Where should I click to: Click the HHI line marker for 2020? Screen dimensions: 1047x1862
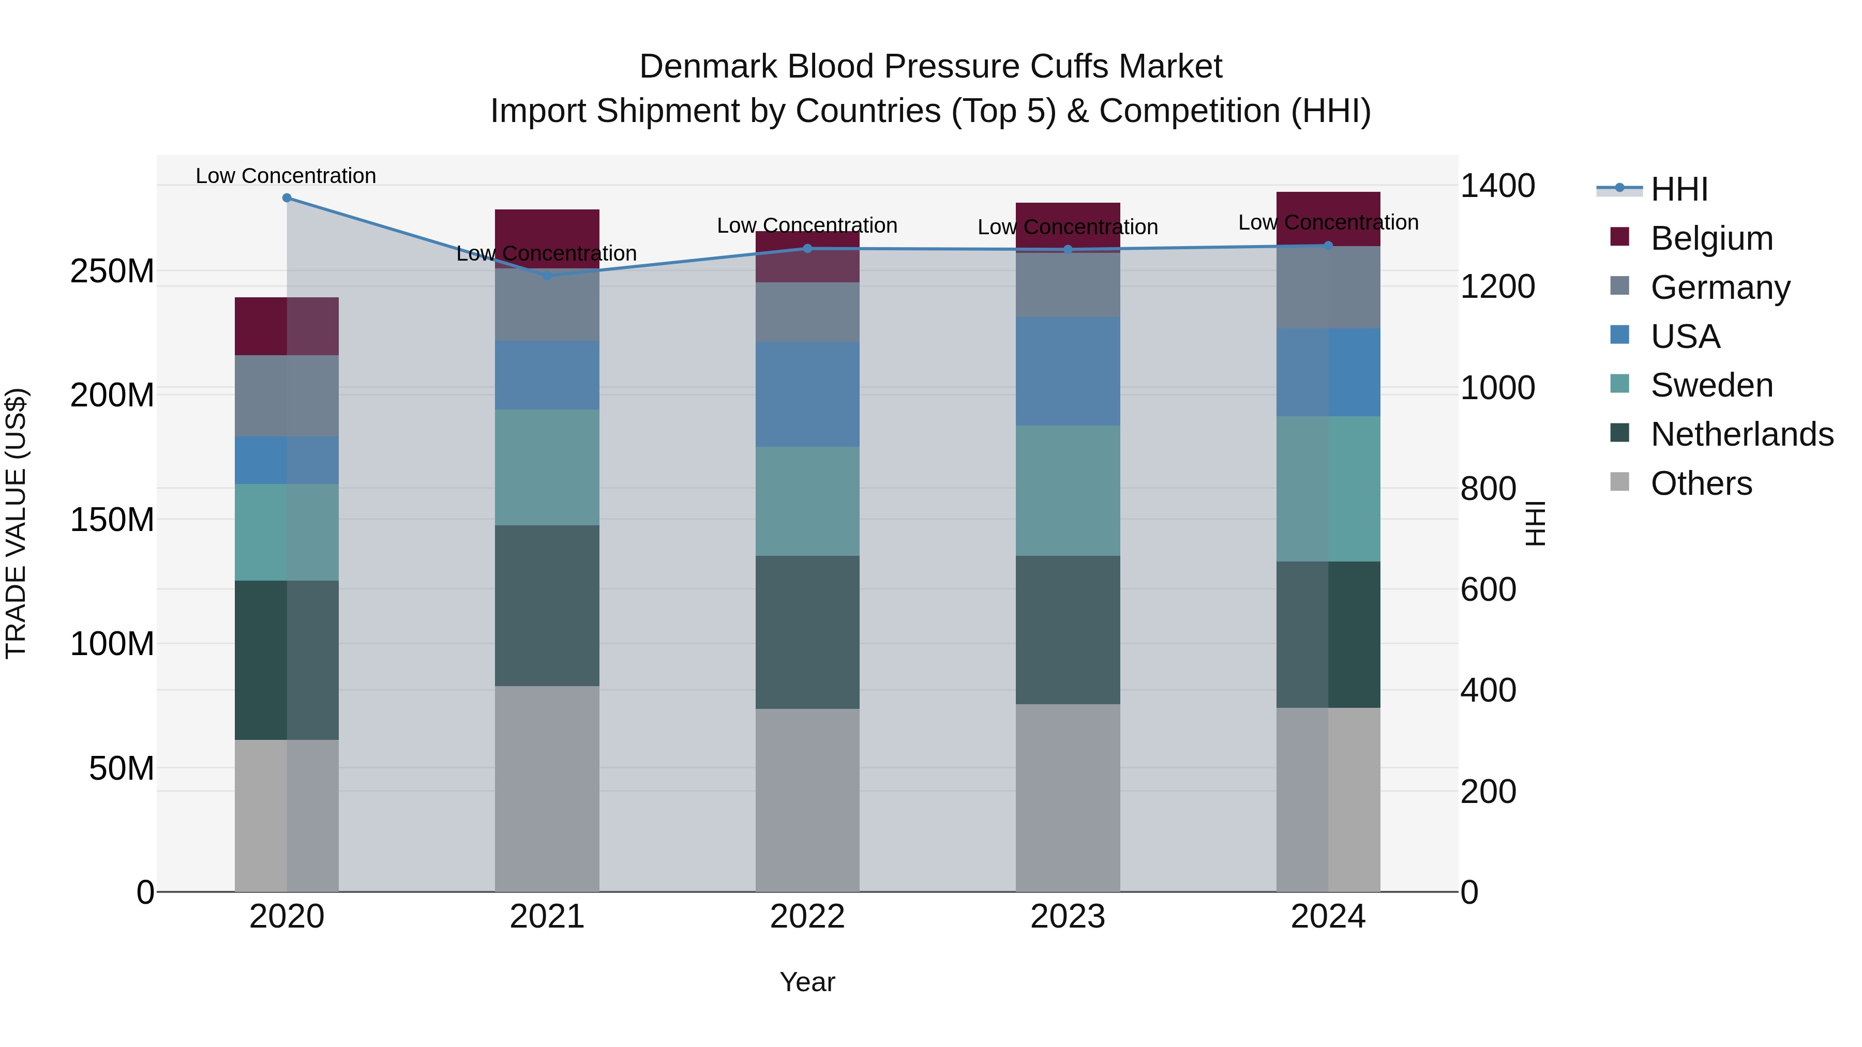(287, 198)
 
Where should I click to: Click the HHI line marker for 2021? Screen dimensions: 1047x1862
(547, 275)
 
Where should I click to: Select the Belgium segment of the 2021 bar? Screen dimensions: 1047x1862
(547, 238)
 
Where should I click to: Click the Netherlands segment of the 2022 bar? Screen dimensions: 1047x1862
(807, 632)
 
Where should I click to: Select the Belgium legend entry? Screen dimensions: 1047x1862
(1711, 238)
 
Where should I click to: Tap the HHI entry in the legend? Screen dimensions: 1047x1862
(1678, 189)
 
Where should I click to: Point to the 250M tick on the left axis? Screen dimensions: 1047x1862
(112, 271)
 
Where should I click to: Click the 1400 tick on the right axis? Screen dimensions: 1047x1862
(1497, 186)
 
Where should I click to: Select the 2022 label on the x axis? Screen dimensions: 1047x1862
(807, 917)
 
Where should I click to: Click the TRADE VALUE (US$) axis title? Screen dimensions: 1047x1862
(16, 523)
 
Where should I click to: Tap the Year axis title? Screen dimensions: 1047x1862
(807, 982)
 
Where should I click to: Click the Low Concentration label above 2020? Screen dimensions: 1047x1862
(286, 176)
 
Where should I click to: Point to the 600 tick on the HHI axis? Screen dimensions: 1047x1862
(1488, 589)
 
